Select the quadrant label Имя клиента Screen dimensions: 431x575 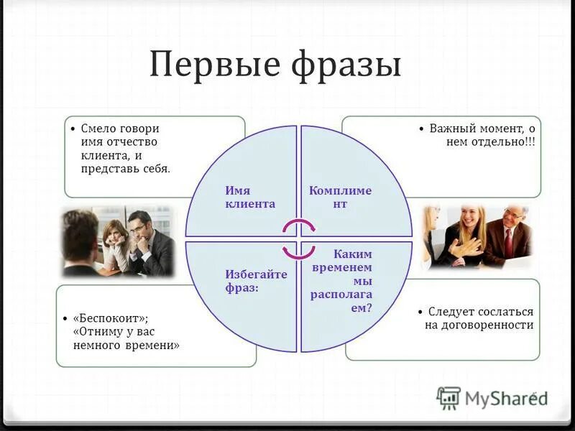click(249, 197)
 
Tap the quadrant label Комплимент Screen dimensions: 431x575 click(340, 197)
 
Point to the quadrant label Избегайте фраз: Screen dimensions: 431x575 click(246, 281)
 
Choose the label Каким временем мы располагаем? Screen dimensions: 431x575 click(341, 281)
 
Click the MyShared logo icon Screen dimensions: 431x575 click(448, 397)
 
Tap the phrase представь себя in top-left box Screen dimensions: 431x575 click(126, 169)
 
